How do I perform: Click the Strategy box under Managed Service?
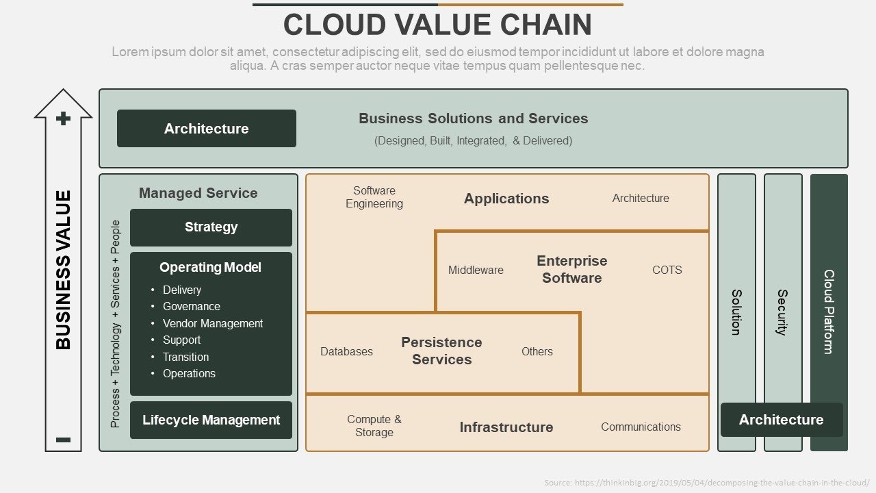(211, 227)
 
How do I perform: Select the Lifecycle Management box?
(211, 420)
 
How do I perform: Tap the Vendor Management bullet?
(212, 323)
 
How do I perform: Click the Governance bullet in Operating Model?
(191, 306)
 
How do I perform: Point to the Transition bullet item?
(185, 357)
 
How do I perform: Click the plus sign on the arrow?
(64, 119)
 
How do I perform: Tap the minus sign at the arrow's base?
(64, 440)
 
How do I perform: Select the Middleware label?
(476, 270)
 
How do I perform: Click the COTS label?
(667, 270)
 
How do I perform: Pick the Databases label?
(346, 351)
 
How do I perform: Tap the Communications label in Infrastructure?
(641, 427)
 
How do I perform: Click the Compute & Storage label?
(374, 426)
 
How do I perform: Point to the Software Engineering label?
(374, 197)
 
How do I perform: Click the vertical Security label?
(782, 312)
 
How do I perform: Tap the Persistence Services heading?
(441, 351)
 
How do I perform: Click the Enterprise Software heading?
(571, 269)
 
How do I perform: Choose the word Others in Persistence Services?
(537, 351)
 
